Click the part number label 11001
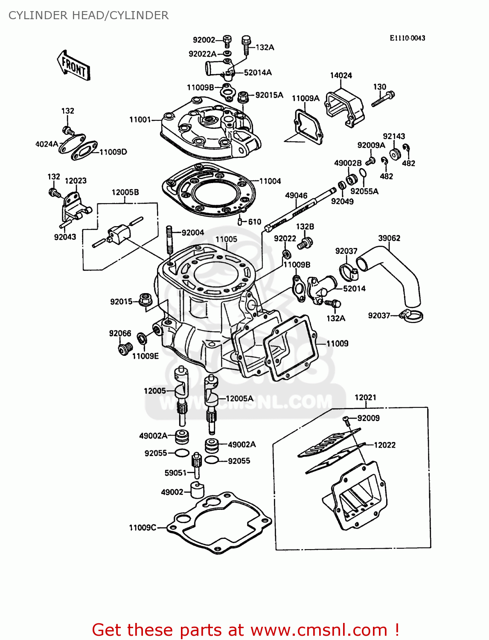(140, 119)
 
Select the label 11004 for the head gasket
(270, 181)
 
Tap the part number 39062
(389, 238)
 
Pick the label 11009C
(143, 528)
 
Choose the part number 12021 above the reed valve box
(365, 398)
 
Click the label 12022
(384, 445)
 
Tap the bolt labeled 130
(383, 99)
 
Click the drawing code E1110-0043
(407, 38)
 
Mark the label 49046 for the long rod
(296, 195)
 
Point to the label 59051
(175, 473)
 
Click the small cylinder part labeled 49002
(197, 490)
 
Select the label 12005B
(125, 192)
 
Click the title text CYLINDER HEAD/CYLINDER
(88, 15)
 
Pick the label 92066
(120, 333)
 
